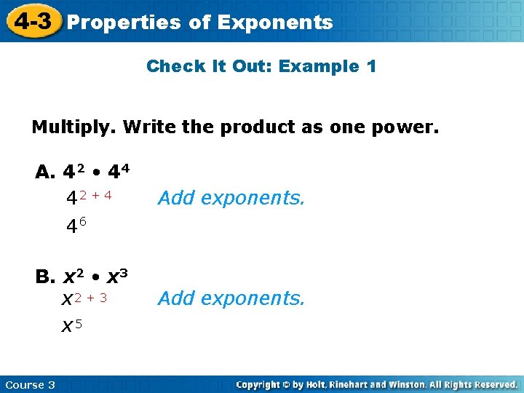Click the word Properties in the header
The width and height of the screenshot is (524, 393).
pyautogui.click(x=124, y=23)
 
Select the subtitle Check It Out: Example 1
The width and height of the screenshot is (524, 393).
pyautogui.click(x=261, y=67)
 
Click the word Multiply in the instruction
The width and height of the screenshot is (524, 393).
pyautogui.click(x=74, y=128)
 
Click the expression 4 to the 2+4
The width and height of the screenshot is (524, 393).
pyautogui.click(x=89, y=196)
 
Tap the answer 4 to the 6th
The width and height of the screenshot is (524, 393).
pyautogui.click(x=76, y=226)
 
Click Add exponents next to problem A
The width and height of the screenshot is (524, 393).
pyautogui.click(x=231, y=197)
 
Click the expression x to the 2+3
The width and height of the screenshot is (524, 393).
pyautogui.click(x=84, y=298)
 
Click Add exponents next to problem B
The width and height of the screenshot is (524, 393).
pyautogui.click(x=231, y=298)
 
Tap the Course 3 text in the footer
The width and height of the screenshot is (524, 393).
pyautogui.click(x=30, y=384)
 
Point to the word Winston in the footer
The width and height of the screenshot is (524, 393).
pyautogui.click(x=416, y=384)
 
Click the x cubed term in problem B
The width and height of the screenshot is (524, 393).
pyautogui.click(x=118, y=277)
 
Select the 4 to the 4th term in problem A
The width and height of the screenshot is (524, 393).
pyautogui.click(x=119, y=172)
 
